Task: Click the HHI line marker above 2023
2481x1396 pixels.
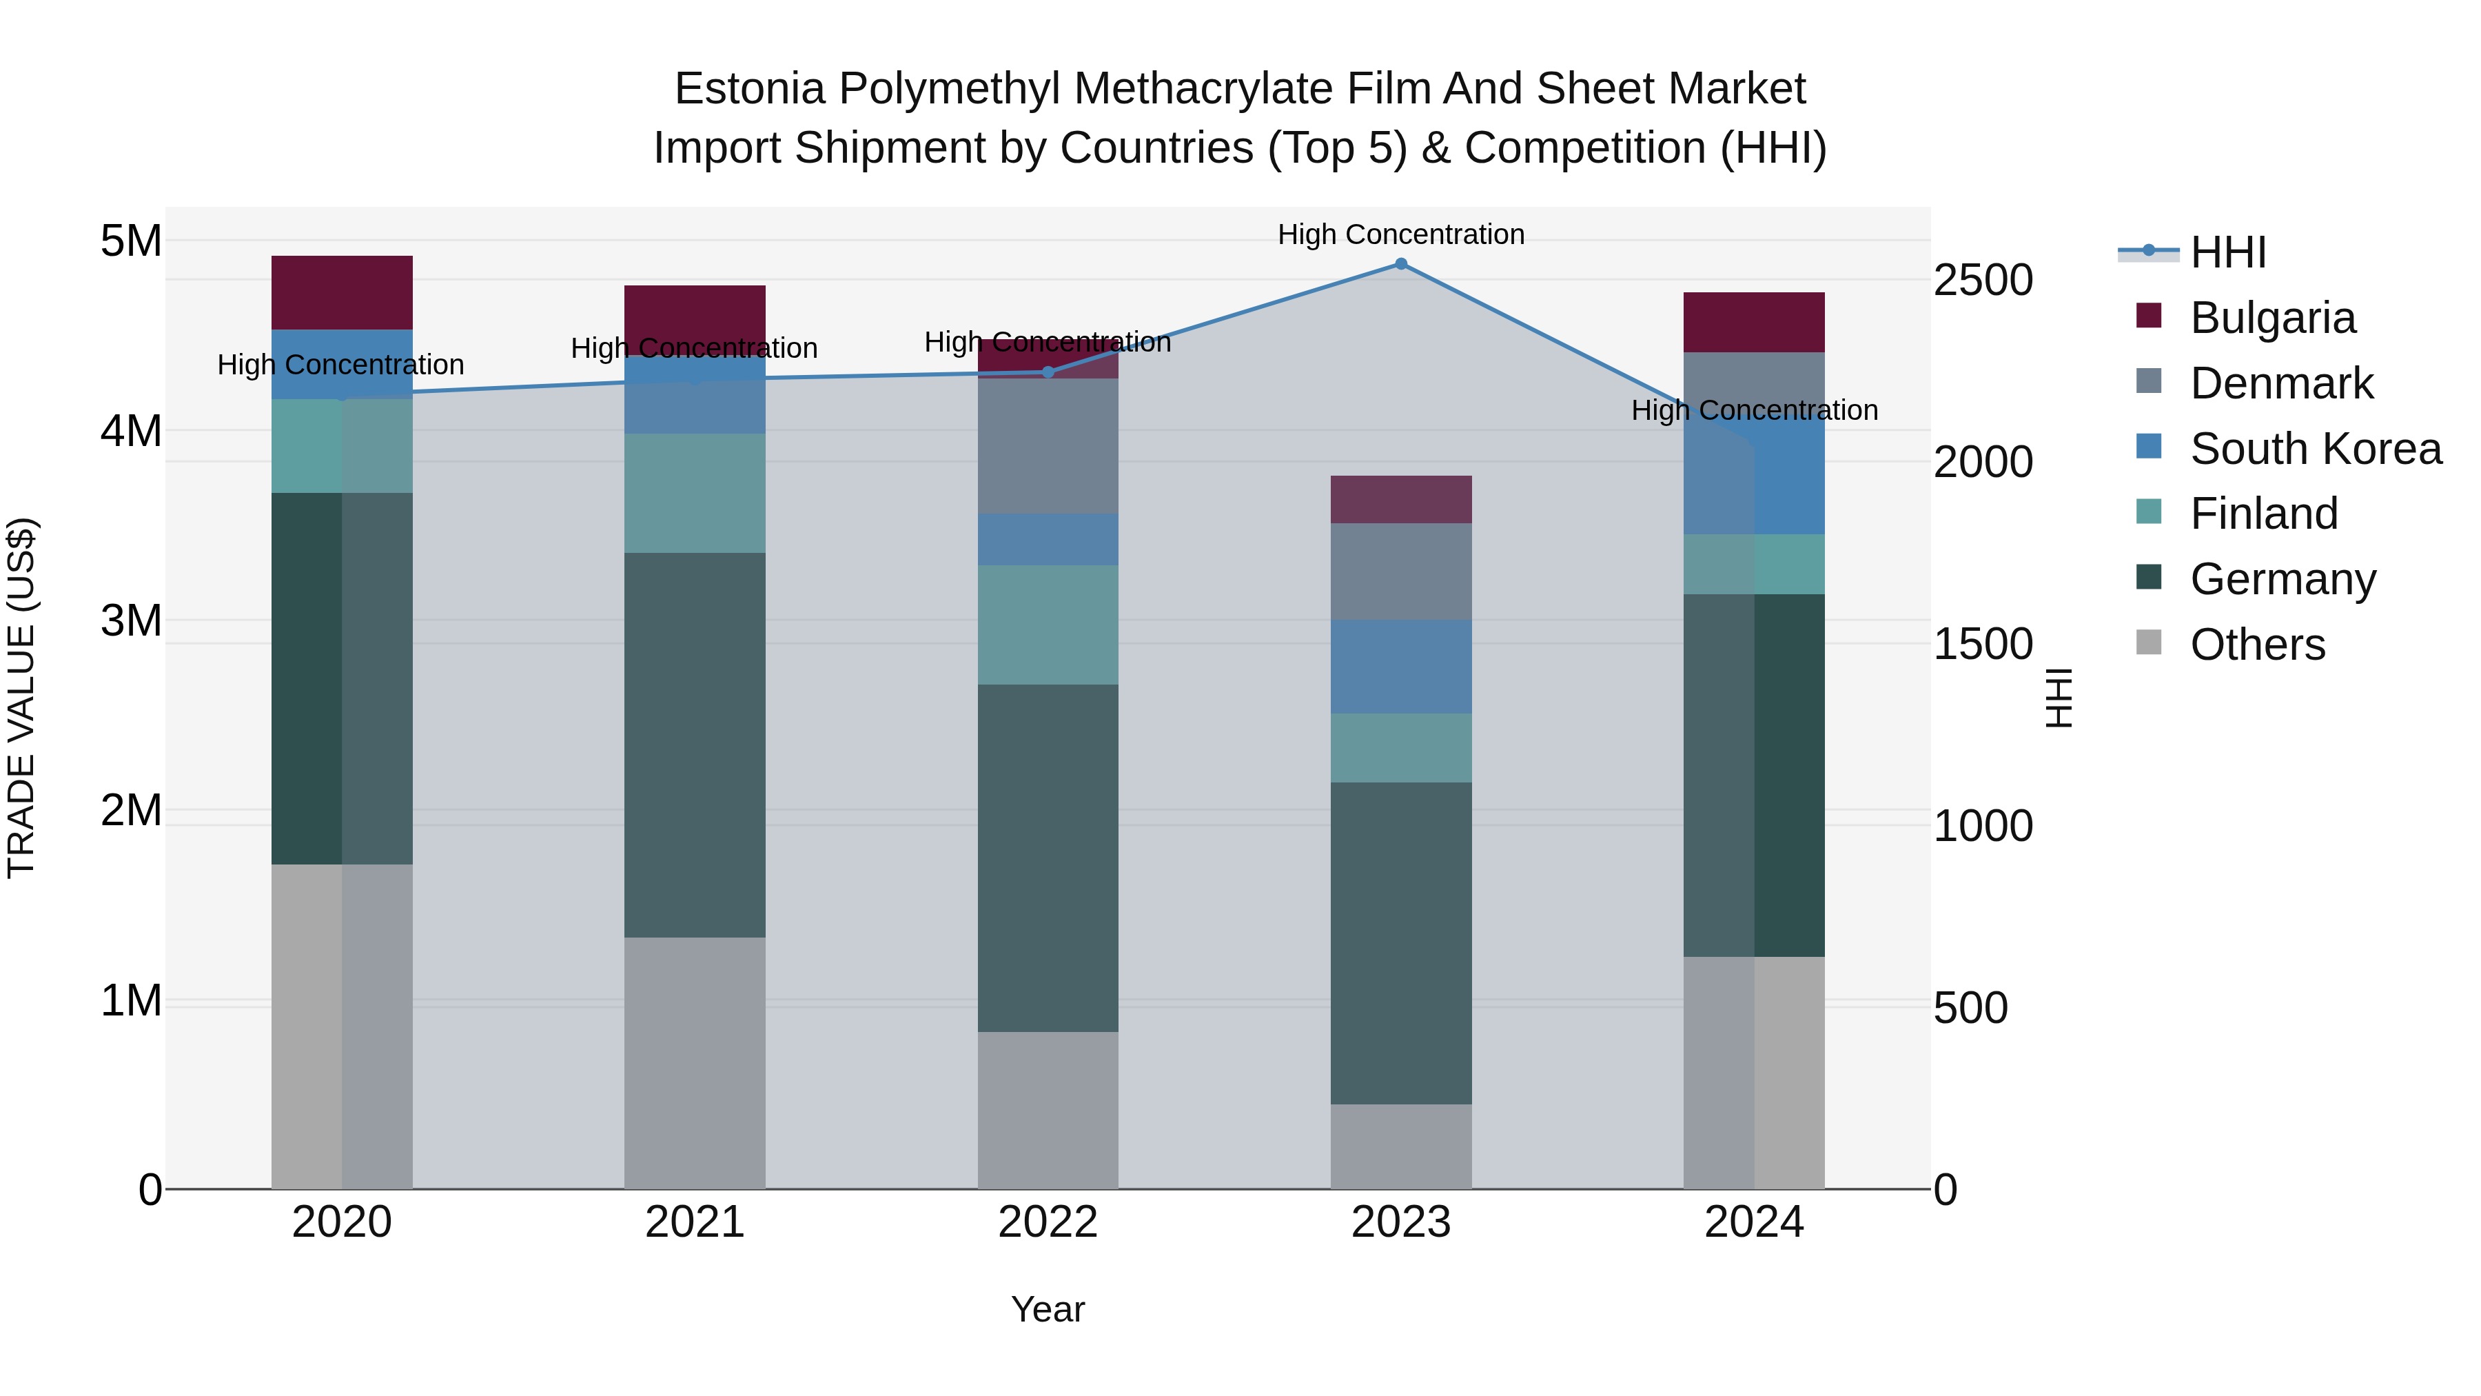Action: click(1401, 264)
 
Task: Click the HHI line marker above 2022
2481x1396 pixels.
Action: click(1048, 372)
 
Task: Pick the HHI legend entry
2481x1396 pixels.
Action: click(2227, 252)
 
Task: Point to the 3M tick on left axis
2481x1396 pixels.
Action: click(131, 620)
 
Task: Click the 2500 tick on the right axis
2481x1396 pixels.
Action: click(1982, 281)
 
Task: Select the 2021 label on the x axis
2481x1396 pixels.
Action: click(695, 1222)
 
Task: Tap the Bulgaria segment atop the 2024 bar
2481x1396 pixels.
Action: click(1754, 322)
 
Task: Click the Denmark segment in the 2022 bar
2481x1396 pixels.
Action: click(1048, 445)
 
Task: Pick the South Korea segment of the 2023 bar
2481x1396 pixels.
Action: click(1401, 667)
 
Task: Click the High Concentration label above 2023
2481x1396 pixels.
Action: click(1401, 234)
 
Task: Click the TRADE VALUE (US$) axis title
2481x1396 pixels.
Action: click(21, 698)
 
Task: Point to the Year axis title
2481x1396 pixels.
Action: click(1048, 1309)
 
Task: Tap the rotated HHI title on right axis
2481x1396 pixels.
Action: click(2057, 698)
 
